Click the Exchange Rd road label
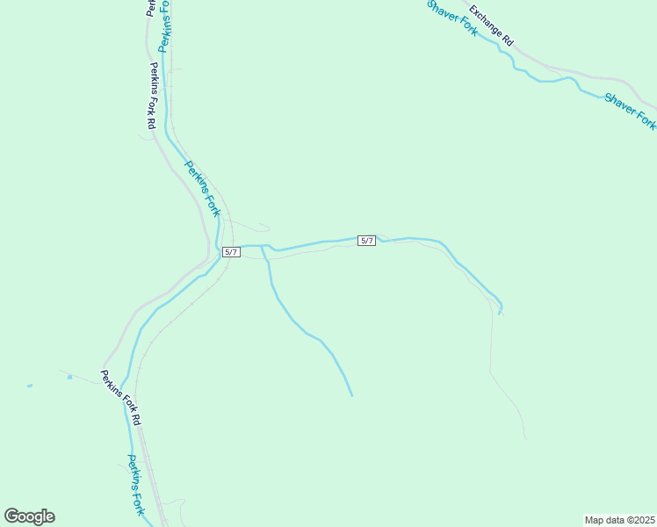click(x=490, y=25)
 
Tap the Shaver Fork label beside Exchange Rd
click(x=451, y=18)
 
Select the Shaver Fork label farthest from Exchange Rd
click(x=630, y=110)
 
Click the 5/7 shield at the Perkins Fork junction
click(x=232, y=252)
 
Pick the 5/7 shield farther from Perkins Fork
click(x=367, y=241)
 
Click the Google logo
click(x=29, y=516)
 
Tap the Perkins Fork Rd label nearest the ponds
click(x=120, y=398)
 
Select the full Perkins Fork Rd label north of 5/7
click(x=152, y=96)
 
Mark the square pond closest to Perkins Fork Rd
click(x=69, y=377)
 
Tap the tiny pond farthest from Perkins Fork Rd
click(x=29, y=386)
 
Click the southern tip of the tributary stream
click(x=351, y=394)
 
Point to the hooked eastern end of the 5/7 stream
click(x=500, y=310)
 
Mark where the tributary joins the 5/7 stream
click(x=262, y=246)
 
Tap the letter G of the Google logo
click(x=11, y=516)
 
